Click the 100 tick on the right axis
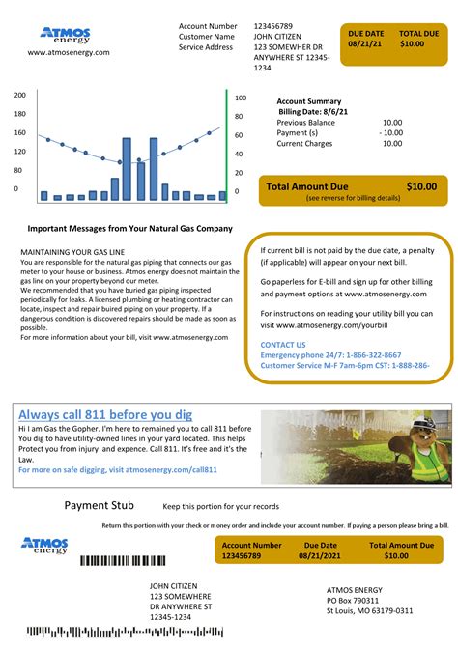241,98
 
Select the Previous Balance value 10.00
391,123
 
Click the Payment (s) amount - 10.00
388,133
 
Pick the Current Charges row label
304,144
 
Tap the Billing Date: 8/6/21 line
313,112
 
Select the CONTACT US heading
283,345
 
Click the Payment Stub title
100,505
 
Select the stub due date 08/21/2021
321,556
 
